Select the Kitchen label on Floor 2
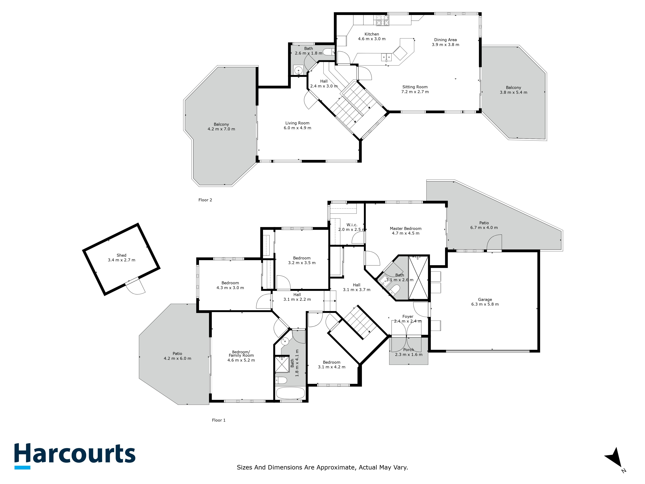[x=372, y=34]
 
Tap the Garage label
[x=485, y=300]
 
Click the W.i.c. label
[x=352, y=225]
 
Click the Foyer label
[x=408, y=317]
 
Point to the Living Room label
[x=297, y=123]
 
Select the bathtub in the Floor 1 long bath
[x=290, y=393]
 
